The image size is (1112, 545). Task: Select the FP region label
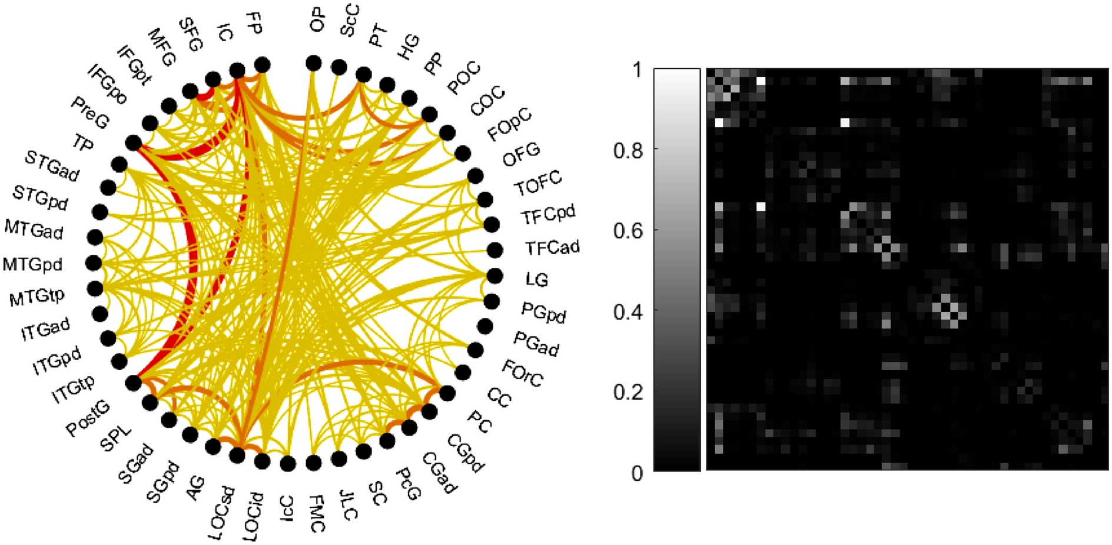[254, 23]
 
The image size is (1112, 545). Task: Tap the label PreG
[90, 112]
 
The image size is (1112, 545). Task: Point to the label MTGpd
[32, 264]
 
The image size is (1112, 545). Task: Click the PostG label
[87, 419]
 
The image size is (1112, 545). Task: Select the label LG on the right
[536, 279]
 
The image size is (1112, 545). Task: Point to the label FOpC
[509, 124]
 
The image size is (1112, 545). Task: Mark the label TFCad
[552, 248]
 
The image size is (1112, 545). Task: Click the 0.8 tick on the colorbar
[627, 151]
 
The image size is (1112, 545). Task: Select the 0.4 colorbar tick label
[627, 311]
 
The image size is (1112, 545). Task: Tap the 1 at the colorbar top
[637, 71]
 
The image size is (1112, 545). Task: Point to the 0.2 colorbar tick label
[627, 392]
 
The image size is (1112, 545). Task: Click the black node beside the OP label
[314, 63]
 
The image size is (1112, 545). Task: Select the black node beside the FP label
[262, 64]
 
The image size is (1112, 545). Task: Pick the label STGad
[52, 165]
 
